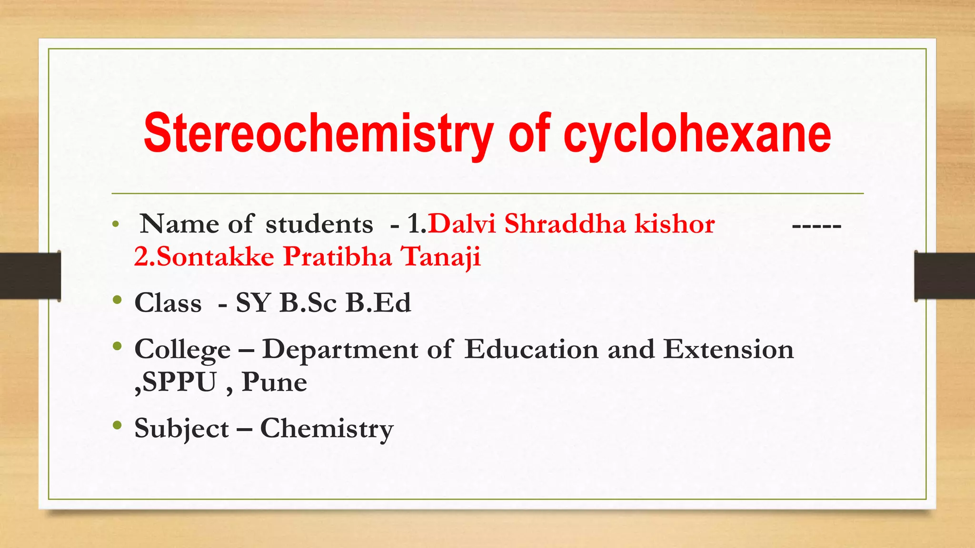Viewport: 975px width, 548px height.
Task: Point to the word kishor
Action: tap(675, 224)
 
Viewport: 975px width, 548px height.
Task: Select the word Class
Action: tap(168, 303)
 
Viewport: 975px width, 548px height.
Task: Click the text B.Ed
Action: tap(378, 303)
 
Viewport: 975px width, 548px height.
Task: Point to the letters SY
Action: tap(253, 303)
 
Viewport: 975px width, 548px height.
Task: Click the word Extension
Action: tap(728, 349)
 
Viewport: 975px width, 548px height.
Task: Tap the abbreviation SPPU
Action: tap(179, 382)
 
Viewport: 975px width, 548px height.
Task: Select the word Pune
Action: tap(274, 382)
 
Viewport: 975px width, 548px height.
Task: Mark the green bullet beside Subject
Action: tap(118, 425)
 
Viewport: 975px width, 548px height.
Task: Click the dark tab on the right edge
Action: tap(945, 276)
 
